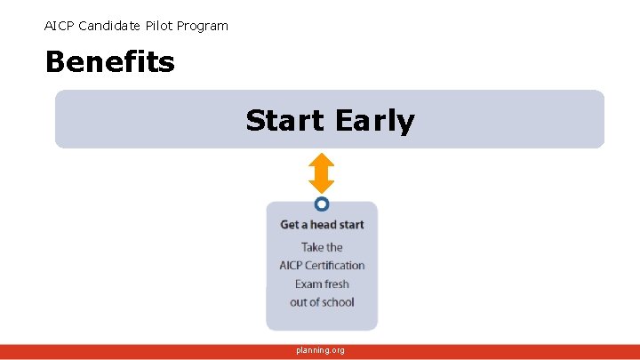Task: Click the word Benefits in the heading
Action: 109,62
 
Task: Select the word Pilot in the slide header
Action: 161,26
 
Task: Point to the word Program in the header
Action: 204,26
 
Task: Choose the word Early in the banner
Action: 375,120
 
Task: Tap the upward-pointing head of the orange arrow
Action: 321,161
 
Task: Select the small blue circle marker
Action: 322,204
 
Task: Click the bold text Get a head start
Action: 322,225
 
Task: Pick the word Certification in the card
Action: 336,265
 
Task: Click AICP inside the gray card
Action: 292,265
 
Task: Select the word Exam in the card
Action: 309,284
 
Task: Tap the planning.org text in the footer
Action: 321,350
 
